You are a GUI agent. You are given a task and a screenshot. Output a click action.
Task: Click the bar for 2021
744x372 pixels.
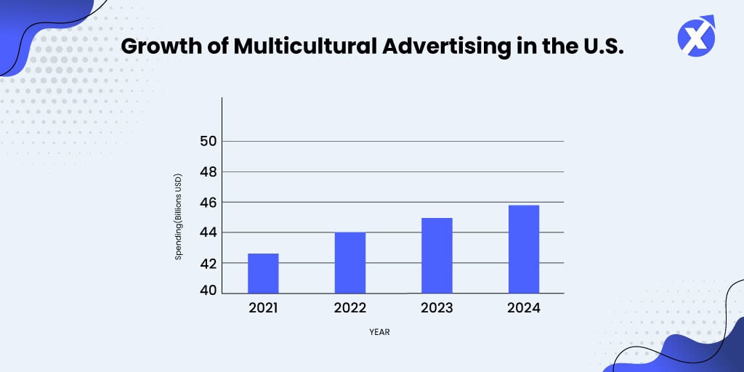pyautogui.click(x=263, y=273)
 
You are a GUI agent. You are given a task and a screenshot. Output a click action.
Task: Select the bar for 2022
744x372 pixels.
pyautogui.click(x=349, y=263)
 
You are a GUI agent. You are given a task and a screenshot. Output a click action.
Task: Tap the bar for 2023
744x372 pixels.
pyautogui.click(x=437, y=256)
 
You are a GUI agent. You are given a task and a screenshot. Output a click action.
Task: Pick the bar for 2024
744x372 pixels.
pyautogui.click(x=523, y=249)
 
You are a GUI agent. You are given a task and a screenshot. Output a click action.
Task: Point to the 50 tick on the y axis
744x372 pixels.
pyautogui.click(x=209, y=141)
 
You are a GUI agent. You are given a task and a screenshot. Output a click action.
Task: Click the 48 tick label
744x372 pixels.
pyautogui.click(x=209, y=172)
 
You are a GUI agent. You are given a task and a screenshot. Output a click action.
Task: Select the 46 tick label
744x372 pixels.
pyautogui.click(x=209, y=202)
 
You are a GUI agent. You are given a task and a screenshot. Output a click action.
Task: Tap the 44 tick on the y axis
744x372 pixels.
pyautogui.click(x=209, y=232)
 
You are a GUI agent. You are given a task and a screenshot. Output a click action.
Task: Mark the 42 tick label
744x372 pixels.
pyautogui.click(x=209, y=263)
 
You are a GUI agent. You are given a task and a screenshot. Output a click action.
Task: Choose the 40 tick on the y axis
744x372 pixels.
pyautogui.click(x=209, y=291)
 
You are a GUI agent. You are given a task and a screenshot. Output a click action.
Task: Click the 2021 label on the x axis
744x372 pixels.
pyautogui.click(x=263, y=308)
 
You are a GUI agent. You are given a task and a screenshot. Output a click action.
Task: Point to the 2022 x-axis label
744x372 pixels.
pyautogui.click(x=349, y=308)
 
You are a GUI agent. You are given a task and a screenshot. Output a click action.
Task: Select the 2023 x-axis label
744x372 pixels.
pyautogui.click(x=437, y=308)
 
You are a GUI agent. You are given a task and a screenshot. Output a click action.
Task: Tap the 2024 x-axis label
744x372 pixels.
pyautogui.click(x=524, y=308)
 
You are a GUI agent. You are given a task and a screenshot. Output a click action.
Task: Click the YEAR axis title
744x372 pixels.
pyautogui.click(x=380, y=332)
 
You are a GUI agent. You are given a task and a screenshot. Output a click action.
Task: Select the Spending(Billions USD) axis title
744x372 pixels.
pyautogui.click(x=179, y=217)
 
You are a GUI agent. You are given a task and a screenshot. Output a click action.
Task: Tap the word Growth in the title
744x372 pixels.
pyautogui.click(x=155, y=46)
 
